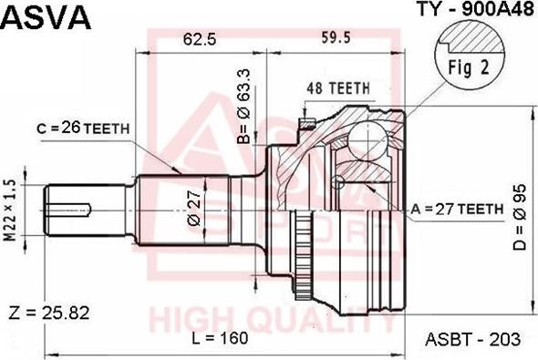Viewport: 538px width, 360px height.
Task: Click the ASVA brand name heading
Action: pyautogui.click(x=46, y=16)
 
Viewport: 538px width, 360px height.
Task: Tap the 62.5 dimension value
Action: pyautogui.click(x=200, y=39)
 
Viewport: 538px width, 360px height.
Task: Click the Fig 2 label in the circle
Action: pyautogui.click(x=469, y=67)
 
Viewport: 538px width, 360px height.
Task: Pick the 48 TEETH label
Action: pyautogui.click(x=338, y=88)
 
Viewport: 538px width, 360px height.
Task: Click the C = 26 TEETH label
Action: pyautogui.click(x=83, y=129)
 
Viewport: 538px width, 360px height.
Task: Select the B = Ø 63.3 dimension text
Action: pyautogui.click(x=244, y=106)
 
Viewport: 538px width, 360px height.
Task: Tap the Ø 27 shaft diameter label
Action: pyautogui.click(x=194, y=208)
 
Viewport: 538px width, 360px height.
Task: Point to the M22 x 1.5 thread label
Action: pyautogui.click(x=11, y=210)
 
